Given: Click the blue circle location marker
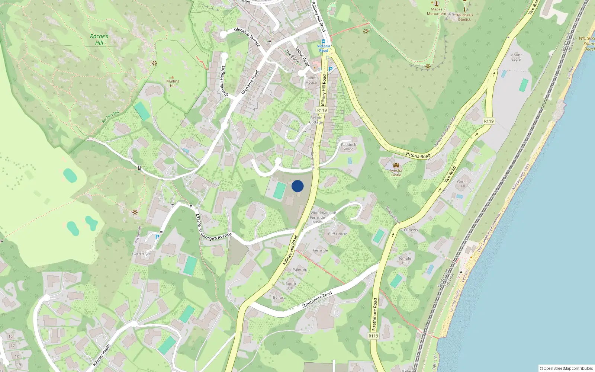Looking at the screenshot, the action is point(297,186).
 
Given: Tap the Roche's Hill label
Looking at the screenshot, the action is point(99,39).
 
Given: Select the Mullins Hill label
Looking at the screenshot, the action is point(173,83).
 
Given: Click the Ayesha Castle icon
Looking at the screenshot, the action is point(396,165).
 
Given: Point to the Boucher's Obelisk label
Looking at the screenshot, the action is point(464,17).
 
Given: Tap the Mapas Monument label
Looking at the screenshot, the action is point(437,12).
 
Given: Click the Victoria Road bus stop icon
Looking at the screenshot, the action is point(323,42).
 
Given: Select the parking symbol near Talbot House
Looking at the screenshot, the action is point(330,69).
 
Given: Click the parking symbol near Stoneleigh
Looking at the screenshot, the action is point(157,237).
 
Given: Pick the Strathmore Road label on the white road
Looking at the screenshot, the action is point(317,299).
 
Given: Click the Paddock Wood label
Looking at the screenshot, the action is point(348,147).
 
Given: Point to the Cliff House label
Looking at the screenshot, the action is point(337,234).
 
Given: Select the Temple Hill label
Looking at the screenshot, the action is point(405,260).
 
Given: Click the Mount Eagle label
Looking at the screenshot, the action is point(516,57).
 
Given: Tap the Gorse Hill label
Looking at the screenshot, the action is point(462,184).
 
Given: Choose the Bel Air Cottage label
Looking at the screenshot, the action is point(316,120).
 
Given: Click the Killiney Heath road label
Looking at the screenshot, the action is point(102,355).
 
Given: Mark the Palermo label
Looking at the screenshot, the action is point(300,270).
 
